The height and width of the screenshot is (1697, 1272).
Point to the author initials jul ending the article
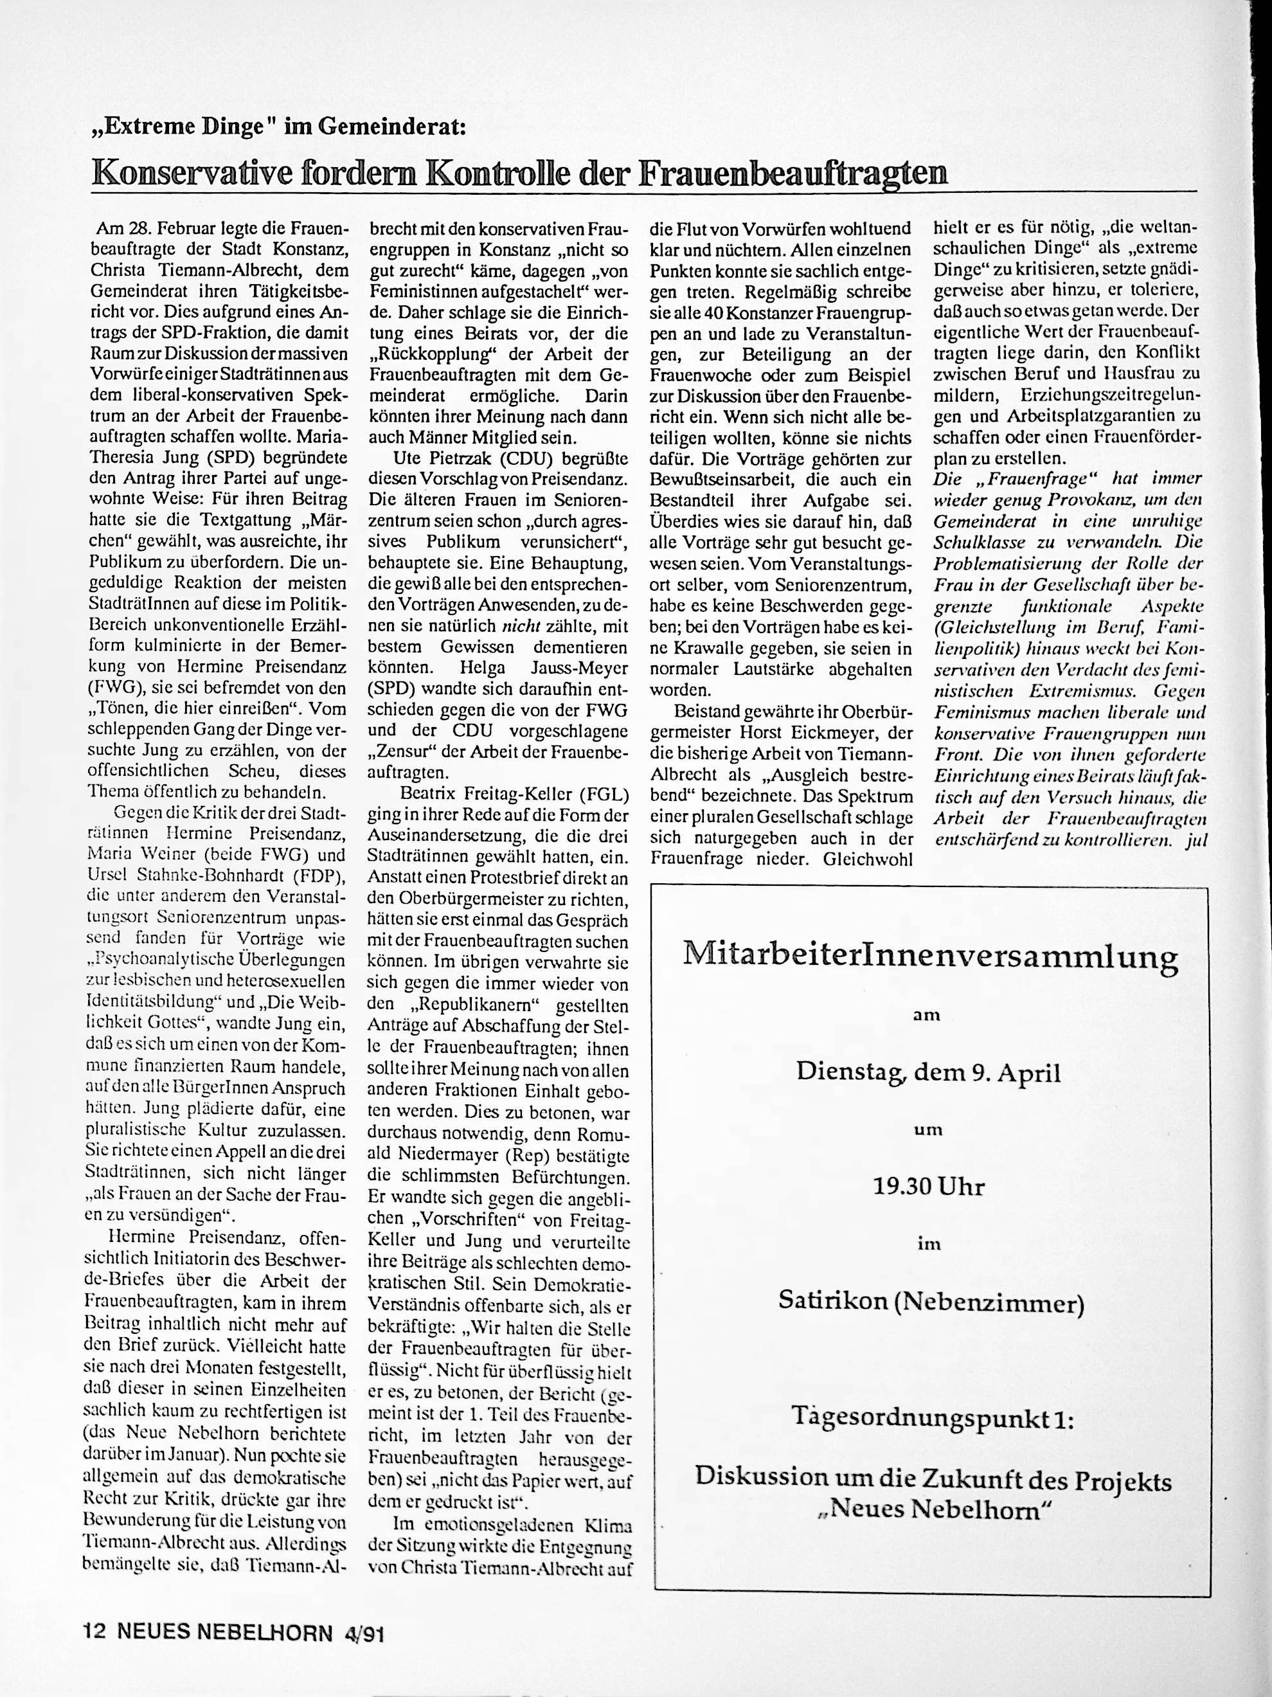[1197, 840]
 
